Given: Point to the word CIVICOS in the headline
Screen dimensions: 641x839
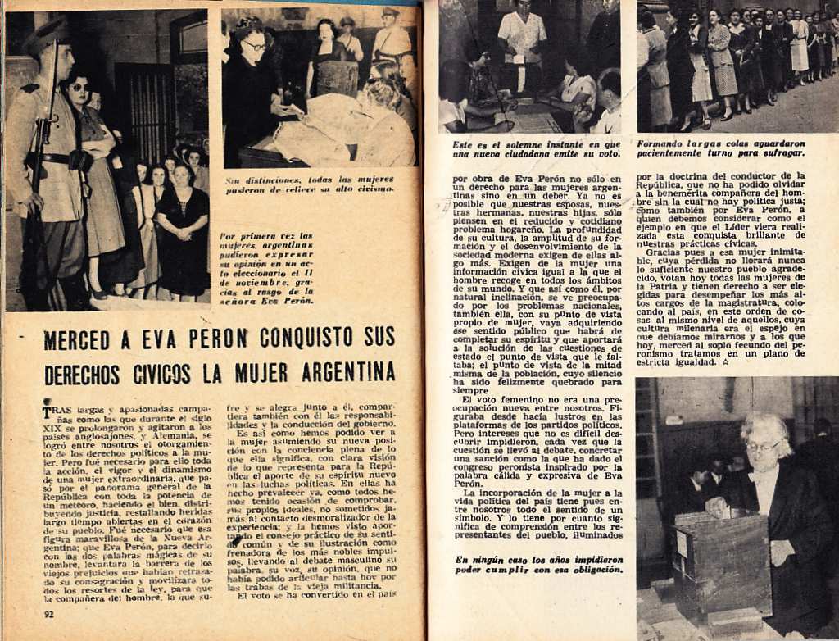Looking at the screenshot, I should click(162, 374).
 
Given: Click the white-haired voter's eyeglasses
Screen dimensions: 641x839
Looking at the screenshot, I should click(762, 447).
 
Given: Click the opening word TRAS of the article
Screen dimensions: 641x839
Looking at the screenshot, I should click(57, 407).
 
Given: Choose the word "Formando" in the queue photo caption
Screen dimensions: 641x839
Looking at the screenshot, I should click(664, 143).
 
